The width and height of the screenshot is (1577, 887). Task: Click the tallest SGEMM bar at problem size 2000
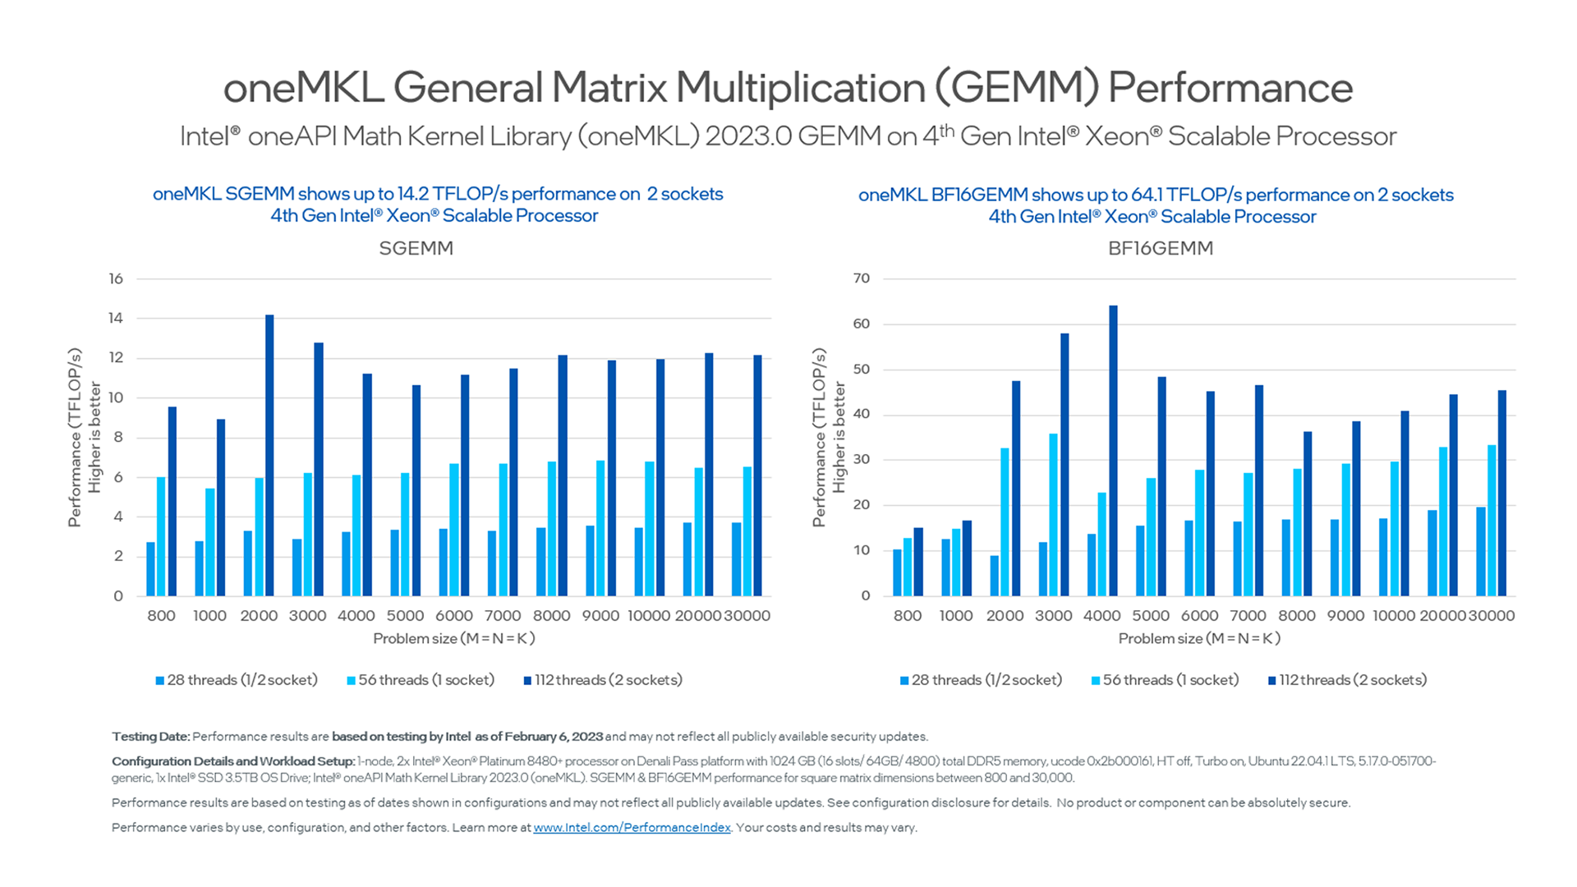(269, 456)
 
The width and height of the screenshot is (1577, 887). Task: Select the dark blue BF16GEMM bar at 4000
(1113, 451)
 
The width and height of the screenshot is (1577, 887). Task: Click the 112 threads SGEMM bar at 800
(172, 501)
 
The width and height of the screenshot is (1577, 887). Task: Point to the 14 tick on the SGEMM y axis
(116, 319)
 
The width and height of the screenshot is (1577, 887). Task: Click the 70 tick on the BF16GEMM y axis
(861, 278)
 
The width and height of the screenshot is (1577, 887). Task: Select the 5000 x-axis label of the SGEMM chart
(405, 616)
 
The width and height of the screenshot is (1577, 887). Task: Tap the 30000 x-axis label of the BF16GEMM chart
(1492, 616)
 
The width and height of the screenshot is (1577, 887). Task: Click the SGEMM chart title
(416, 248)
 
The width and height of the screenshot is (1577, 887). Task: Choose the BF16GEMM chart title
(1160, 248)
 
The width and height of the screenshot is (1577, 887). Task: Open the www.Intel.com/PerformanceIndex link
(632, 828)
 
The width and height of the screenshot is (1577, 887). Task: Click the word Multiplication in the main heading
(800, 88)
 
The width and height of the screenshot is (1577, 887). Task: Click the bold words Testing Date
(151, 737)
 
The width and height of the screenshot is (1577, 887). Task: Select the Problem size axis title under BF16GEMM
(1199, 639)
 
